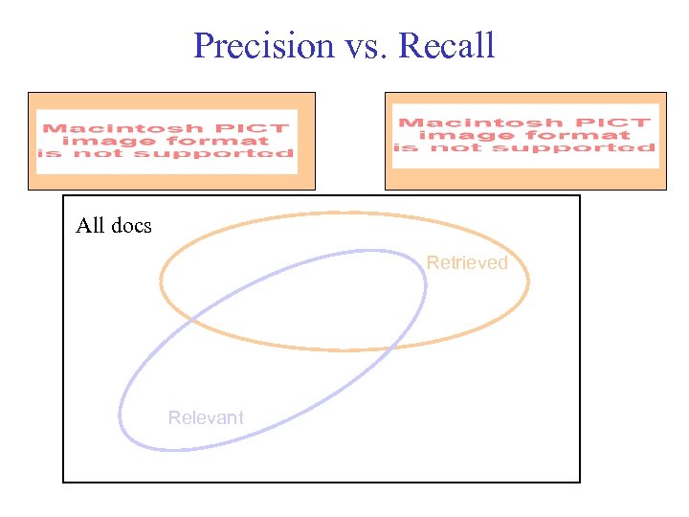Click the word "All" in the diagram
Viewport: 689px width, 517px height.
[91, 226]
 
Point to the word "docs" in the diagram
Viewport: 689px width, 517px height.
[130, 226]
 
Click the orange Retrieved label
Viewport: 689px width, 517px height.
[467, 262]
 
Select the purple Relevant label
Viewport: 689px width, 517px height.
[206, 417]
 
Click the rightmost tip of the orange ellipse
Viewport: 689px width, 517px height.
[527, 280]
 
